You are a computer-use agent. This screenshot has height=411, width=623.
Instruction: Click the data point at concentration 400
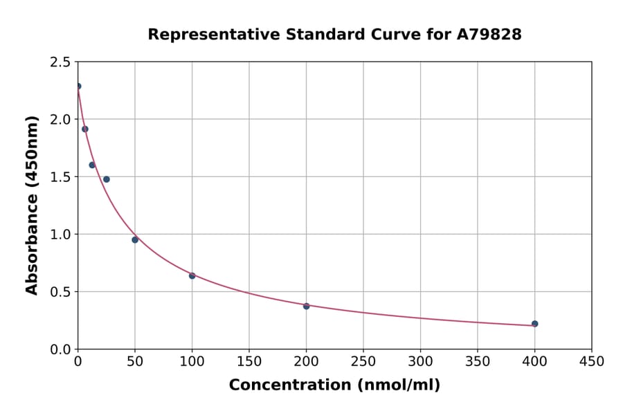tap(534, 324)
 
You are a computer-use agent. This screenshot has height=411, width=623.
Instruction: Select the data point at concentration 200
tap(306, 306)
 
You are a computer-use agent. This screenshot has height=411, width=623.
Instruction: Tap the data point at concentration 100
tap(192, 275)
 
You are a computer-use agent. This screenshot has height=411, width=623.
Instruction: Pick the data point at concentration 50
tap(135, 240)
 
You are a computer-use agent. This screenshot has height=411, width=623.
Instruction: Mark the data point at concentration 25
tap(107, 179)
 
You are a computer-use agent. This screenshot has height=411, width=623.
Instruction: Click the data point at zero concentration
tap(78, 86)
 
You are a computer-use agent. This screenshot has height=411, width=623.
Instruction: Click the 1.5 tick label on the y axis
tap(61, 177)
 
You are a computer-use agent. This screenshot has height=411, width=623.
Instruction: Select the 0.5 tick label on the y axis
tap(61, 292)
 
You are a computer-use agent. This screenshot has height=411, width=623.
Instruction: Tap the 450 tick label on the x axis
tap(591, 361)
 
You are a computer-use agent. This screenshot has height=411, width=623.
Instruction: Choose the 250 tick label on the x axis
tap(363, 361)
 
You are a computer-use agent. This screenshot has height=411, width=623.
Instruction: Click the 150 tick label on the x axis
tap(249, 361)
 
